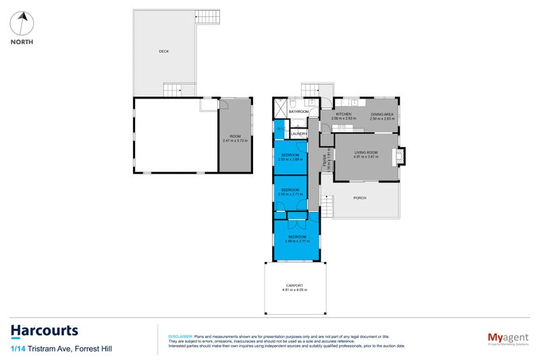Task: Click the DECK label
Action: (163, 51)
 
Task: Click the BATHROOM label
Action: (298, 111)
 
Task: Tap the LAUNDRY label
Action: (298, 134)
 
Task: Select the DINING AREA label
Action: (382, 114)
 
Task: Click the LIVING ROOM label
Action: (367, 153)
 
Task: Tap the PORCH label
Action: (360, 198)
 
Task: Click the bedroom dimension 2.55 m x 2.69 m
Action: (290, 159)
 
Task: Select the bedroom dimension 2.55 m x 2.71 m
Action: (290, 194)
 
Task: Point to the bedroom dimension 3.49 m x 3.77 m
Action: (297, 241)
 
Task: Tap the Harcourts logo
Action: (45, 331)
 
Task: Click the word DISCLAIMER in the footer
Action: (180, 336)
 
